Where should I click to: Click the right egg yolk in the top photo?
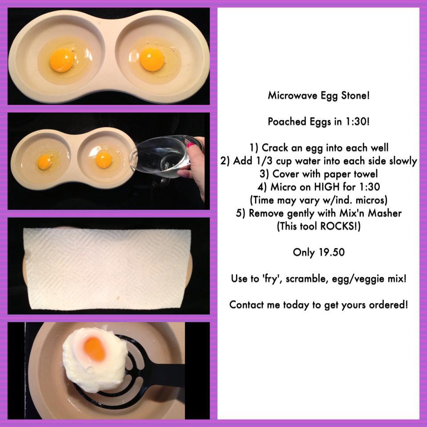pos(152,60)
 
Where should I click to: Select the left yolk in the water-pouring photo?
pos(44,162)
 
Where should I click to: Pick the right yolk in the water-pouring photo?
pos(104,159)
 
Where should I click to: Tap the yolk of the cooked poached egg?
pos(94,349)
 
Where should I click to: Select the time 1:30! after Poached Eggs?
pos(358,121)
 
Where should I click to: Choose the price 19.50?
pos(331,252)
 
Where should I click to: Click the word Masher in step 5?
pos(384,213)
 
